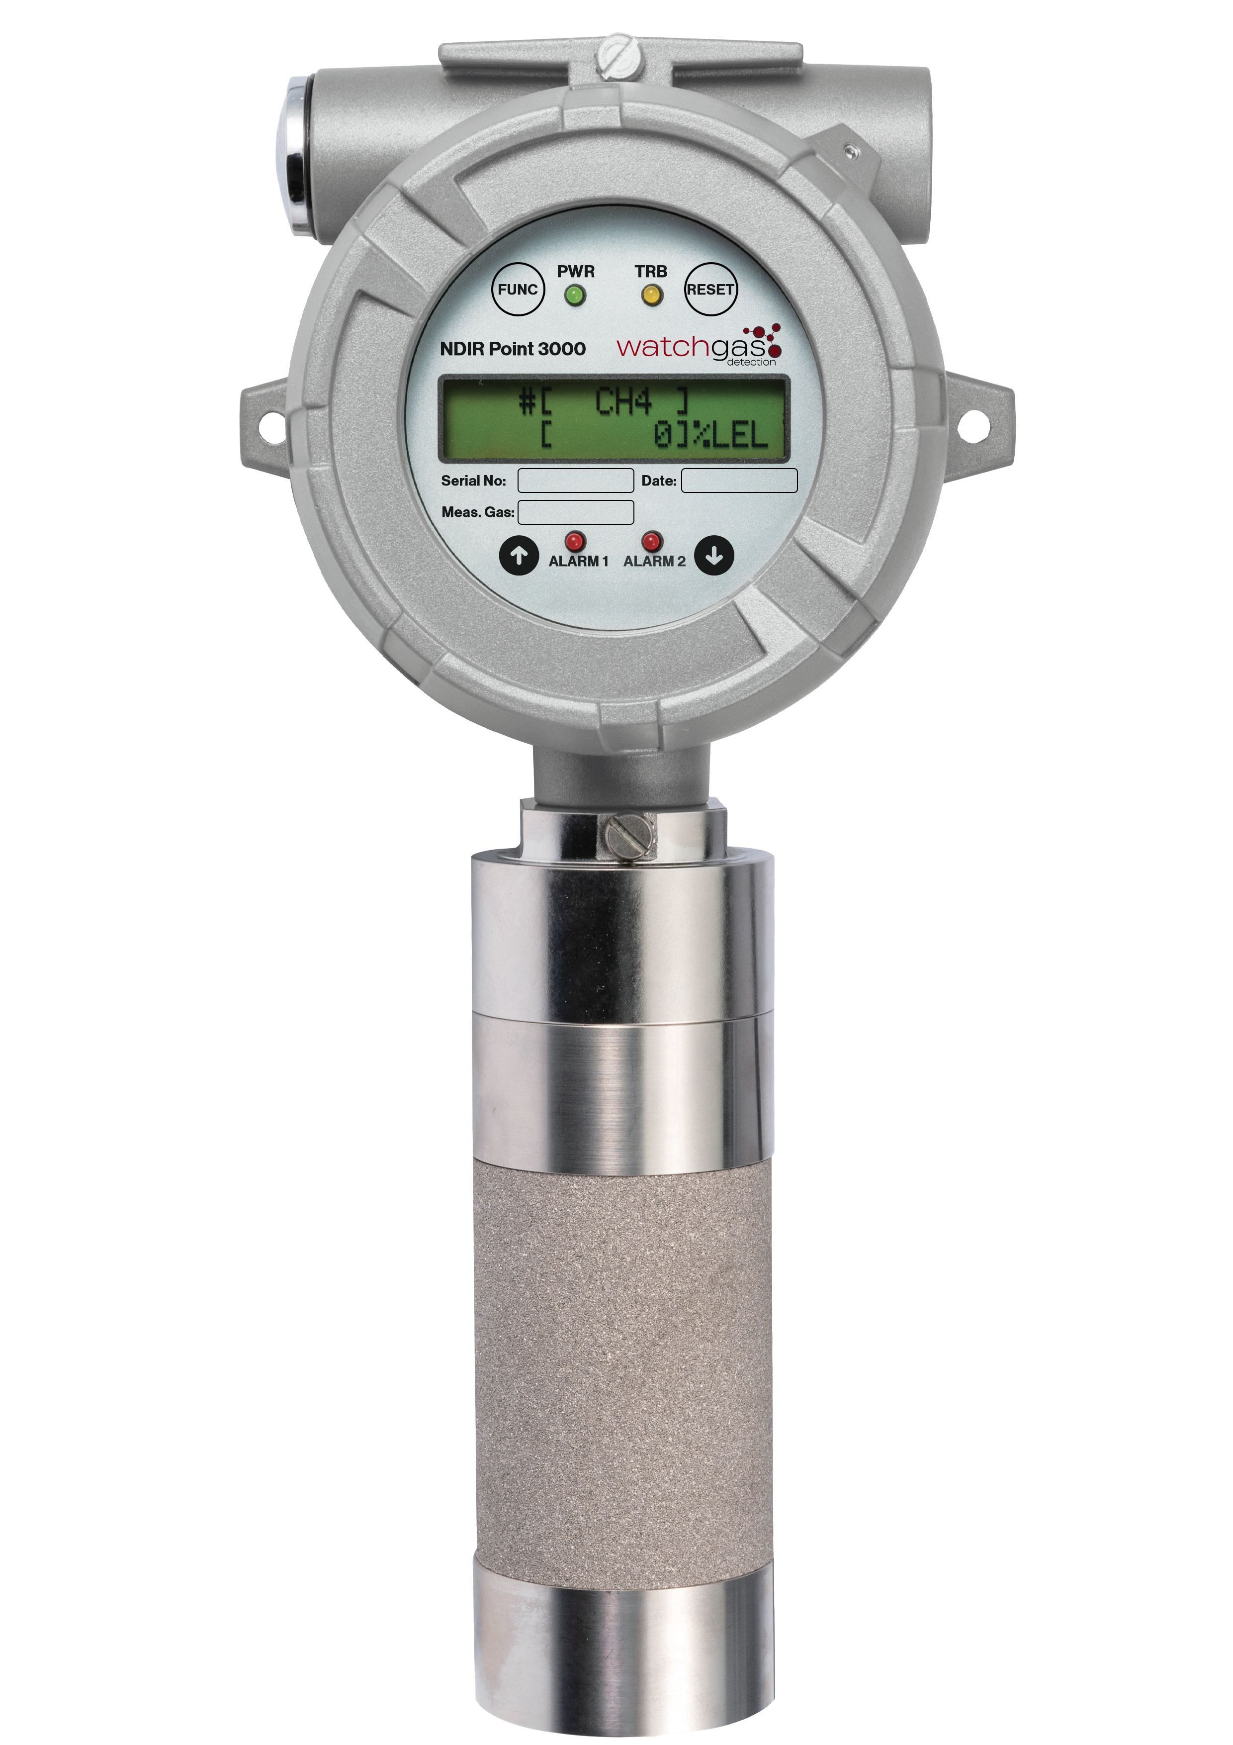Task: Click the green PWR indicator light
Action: tap(575, 295)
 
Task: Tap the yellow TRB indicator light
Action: tap(651, 295)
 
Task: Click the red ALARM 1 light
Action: tap(574, 541)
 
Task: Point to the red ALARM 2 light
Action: tap(651, 541)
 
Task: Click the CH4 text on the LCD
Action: tap(623, 401)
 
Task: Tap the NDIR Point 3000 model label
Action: tap(513, 349)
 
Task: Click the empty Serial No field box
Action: tap(575, 481)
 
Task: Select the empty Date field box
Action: tap(739, 481)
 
